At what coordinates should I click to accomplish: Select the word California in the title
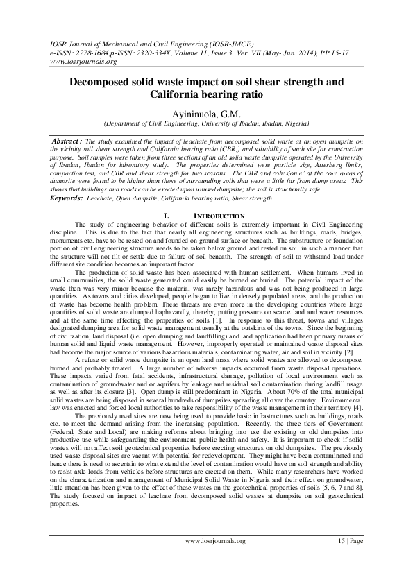[182, 95]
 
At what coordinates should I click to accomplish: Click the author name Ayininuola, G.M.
[206, 114]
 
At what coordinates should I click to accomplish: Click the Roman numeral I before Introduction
[161, 197]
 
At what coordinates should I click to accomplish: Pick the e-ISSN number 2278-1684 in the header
[90, 51]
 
